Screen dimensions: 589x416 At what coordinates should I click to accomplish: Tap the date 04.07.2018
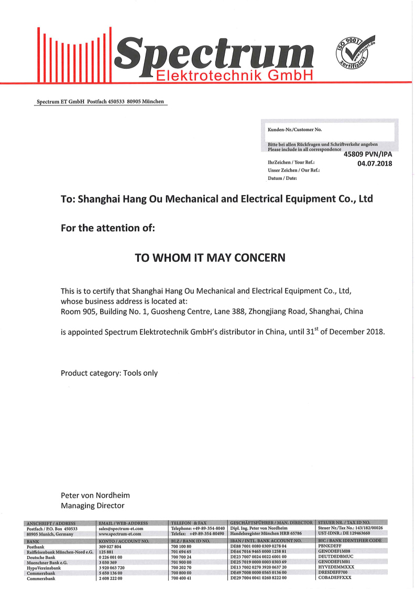pyautogui.click(x=375, y=164)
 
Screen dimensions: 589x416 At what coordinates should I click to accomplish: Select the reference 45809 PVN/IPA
pyautogui.click(x=368, y=154)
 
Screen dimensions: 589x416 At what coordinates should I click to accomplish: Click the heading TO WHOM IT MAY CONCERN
pyautogui.click(x=211, y=258)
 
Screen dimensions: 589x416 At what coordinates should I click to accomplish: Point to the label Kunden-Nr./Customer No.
pyautogui.click(x=295, y=129)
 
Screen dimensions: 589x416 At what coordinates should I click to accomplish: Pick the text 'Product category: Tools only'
pyautogui.click(x=109, y=373)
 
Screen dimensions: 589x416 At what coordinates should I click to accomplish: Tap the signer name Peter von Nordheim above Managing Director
pyautogui.click(x=95, y=495)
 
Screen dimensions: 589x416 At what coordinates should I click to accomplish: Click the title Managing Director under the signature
pyautogui.click(x=93, y=506)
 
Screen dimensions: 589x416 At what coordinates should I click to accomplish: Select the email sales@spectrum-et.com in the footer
pyautogui.click(x=121, y=529)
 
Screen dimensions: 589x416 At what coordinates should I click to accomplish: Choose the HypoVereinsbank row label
pyautogui.click(x=43, y=567)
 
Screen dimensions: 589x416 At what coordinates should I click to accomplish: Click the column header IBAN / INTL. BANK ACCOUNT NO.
pyautogui.click(x=266, y=541)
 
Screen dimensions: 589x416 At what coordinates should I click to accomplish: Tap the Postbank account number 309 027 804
pyautogui.click(x=110, y=547)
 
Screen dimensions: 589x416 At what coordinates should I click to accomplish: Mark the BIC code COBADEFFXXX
pyautogui.click(x=335, y=578)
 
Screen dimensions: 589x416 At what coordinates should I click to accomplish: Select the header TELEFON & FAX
pyautogui.click(x=189, y=523)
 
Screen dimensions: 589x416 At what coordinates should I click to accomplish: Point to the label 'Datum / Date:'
pyautogui.click(x=282, y=178)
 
